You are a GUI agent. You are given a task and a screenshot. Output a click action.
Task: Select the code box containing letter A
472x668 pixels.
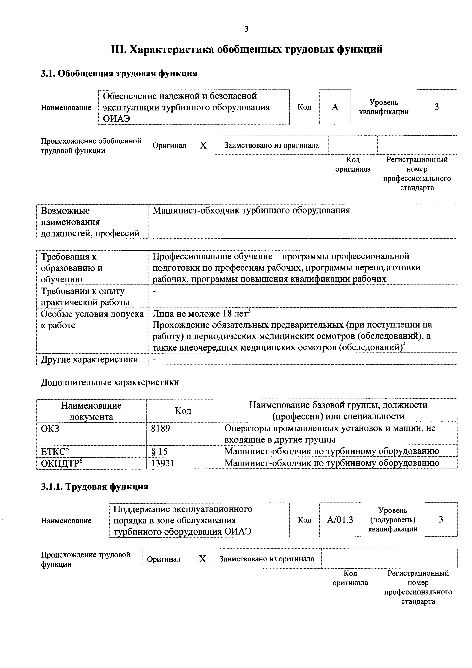click(335, 107)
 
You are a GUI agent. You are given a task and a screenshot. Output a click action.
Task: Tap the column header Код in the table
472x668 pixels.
click(183, 411)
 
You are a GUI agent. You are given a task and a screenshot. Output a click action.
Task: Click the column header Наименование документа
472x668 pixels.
click(91, 411)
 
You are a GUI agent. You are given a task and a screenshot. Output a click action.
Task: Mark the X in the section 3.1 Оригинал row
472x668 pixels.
click(203, 145)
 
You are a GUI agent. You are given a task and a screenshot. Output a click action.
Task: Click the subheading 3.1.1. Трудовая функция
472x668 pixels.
click(95, 487)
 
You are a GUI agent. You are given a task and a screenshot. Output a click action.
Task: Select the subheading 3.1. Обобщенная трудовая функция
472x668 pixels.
click(119, 73)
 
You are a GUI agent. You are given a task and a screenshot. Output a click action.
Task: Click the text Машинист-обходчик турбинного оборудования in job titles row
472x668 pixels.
click(251, 210)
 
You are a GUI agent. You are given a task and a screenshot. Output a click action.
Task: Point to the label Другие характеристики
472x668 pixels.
click(89, 360)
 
